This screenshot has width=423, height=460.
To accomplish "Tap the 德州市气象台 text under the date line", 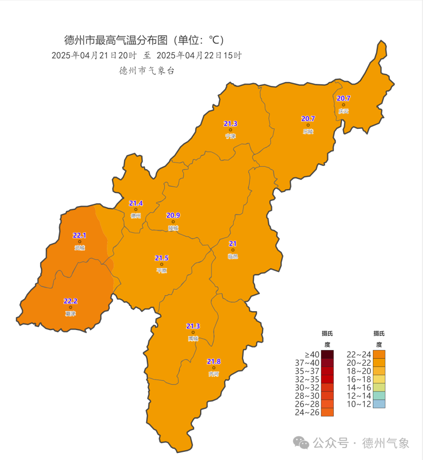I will point(147,71).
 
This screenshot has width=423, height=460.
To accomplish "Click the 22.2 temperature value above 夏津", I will point(70,301).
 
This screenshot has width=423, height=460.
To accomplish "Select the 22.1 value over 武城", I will point(80,235).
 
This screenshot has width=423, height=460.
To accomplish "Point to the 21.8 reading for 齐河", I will point(214,361).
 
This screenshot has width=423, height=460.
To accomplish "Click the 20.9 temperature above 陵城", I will point(173,215).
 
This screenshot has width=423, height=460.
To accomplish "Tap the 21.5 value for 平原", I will point(161,258).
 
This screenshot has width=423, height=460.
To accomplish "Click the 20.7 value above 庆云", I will point(343,98).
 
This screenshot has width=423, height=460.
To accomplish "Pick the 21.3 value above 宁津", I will point(230,124).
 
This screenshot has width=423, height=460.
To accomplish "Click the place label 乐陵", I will point(308,132).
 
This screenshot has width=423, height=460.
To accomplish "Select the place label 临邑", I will point(233,256).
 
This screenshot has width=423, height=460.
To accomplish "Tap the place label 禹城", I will point(193,339).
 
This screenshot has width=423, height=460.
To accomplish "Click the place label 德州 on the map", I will point(136,216).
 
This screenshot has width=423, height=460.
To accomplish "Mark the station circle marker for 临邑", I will point(233,250).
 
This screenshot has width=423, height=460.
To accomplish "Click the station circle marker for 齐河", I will point(214,368).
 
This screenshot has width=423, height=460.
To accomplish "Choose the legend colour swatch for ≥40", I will point(327,354).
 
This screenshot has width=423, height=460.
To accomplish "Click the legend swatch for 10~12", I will point(379,404).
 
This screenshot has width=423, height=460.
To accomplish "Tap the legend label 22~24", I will point(359,355).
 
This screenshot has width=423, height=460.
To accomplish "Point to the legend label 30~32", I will point(307,388).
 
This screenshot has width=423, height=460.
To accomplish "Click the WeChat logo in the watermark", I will point(301,443).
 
